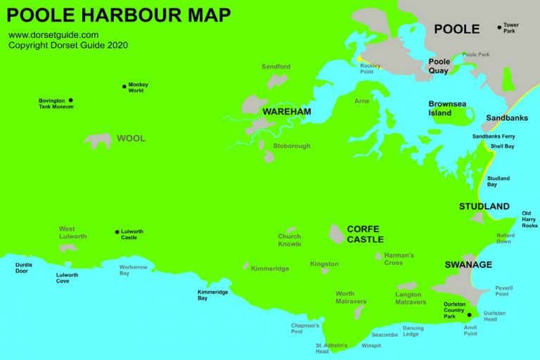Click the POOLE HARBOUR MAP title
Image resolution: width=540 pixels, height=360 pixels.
pos(119,14)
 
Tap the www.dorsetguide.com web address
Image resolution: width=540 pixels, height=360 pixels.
pos(53,34)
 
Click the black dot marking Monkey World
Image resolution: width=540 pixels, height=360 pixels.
pos(124,85)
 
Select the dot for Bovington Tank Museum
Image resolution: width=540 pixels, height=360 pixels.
pos(70,101)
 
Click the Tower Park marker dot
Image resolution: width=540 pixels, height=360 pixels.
pos(500,27)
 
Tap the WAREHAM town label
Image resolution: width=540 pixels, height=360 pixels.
pos(286,112)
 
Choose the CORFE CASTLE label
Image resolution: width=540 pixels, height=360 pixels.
pos(365,234)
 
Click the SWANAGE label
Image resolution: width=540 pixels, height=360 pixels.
pos(468,265)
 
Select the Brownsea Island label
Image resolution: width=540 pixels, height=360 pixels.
pos(447,108)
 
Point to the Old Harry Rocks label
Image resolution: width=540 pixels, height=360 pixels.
pos(529,219)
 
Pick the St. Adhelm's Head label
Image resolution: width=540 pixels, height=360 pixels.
pos(332,348)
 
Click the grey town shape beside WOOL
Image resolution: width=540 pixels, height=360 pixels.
pos(98,141)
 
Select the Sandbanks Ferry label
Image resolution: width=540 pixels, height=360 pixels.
pos(493,136)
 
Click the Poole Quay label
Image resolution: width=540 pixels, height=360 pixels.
pos(439,66)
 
